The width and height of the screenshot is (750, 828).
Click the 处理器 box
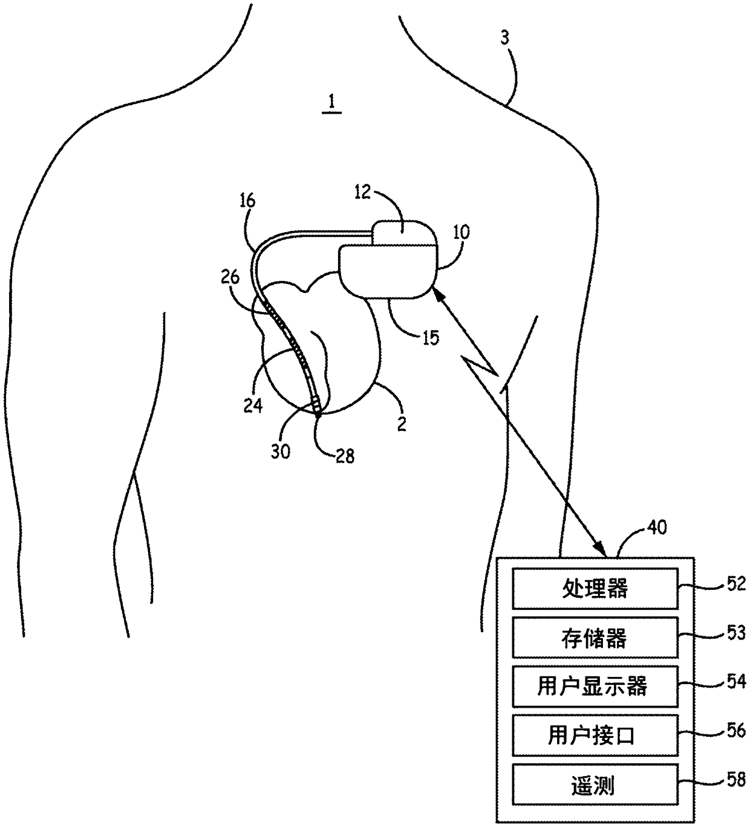(595, 588)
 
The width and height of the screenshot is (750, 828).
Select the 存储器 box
(595, 638)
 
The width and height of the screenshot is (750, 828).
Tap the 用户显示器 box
(595, 687)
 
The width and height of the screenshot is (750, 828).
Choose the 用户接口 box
(595, 736)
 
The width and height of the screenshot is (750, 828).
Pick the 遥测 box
(595, 785)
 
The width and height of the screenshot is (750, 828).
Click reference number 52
(735, 584)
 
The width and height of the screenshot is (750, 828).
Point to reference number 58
(735, 780)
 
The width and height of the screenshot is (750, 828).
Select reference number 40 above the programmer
(656, 527)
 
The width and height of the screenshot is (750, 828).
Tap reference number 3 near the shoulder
(505, 38)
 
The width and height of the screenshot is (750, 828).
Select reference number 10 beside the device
(461, 232)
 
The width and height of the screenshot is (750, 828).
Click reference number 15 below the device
(431, 337)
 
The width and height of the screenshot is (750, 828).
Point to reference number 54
(735, 682)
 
